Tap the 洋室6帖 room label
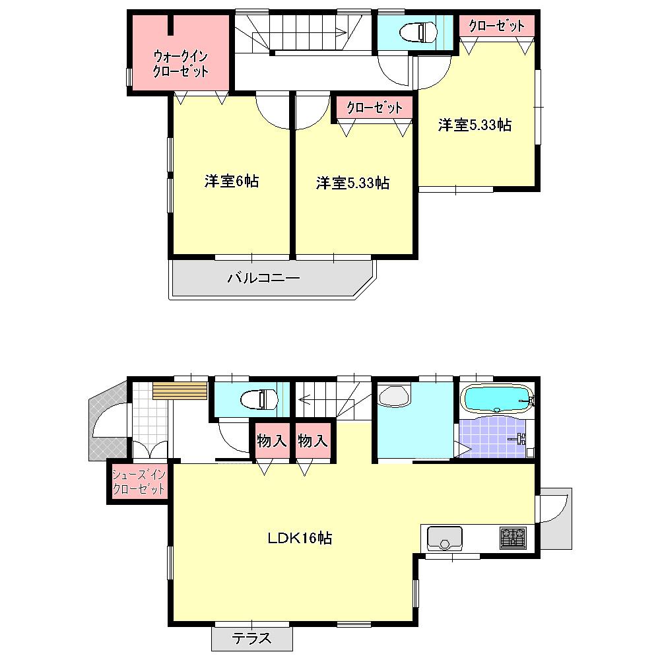231,181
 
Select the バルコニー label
264,279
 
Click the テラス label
251,638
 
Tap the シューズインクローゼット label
138,482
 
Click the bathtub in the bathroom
496,399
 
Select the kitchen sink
444,537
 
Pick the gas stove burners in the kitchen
513,538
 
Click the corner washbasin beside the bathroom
394,397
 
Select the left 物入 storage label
272,441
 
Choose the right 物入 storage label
312,441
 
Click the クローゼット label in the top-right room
496,26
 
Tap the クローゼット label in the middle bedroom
374,108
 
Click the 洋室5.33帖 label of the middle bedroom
352,183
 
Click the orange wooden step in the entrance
170,391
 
